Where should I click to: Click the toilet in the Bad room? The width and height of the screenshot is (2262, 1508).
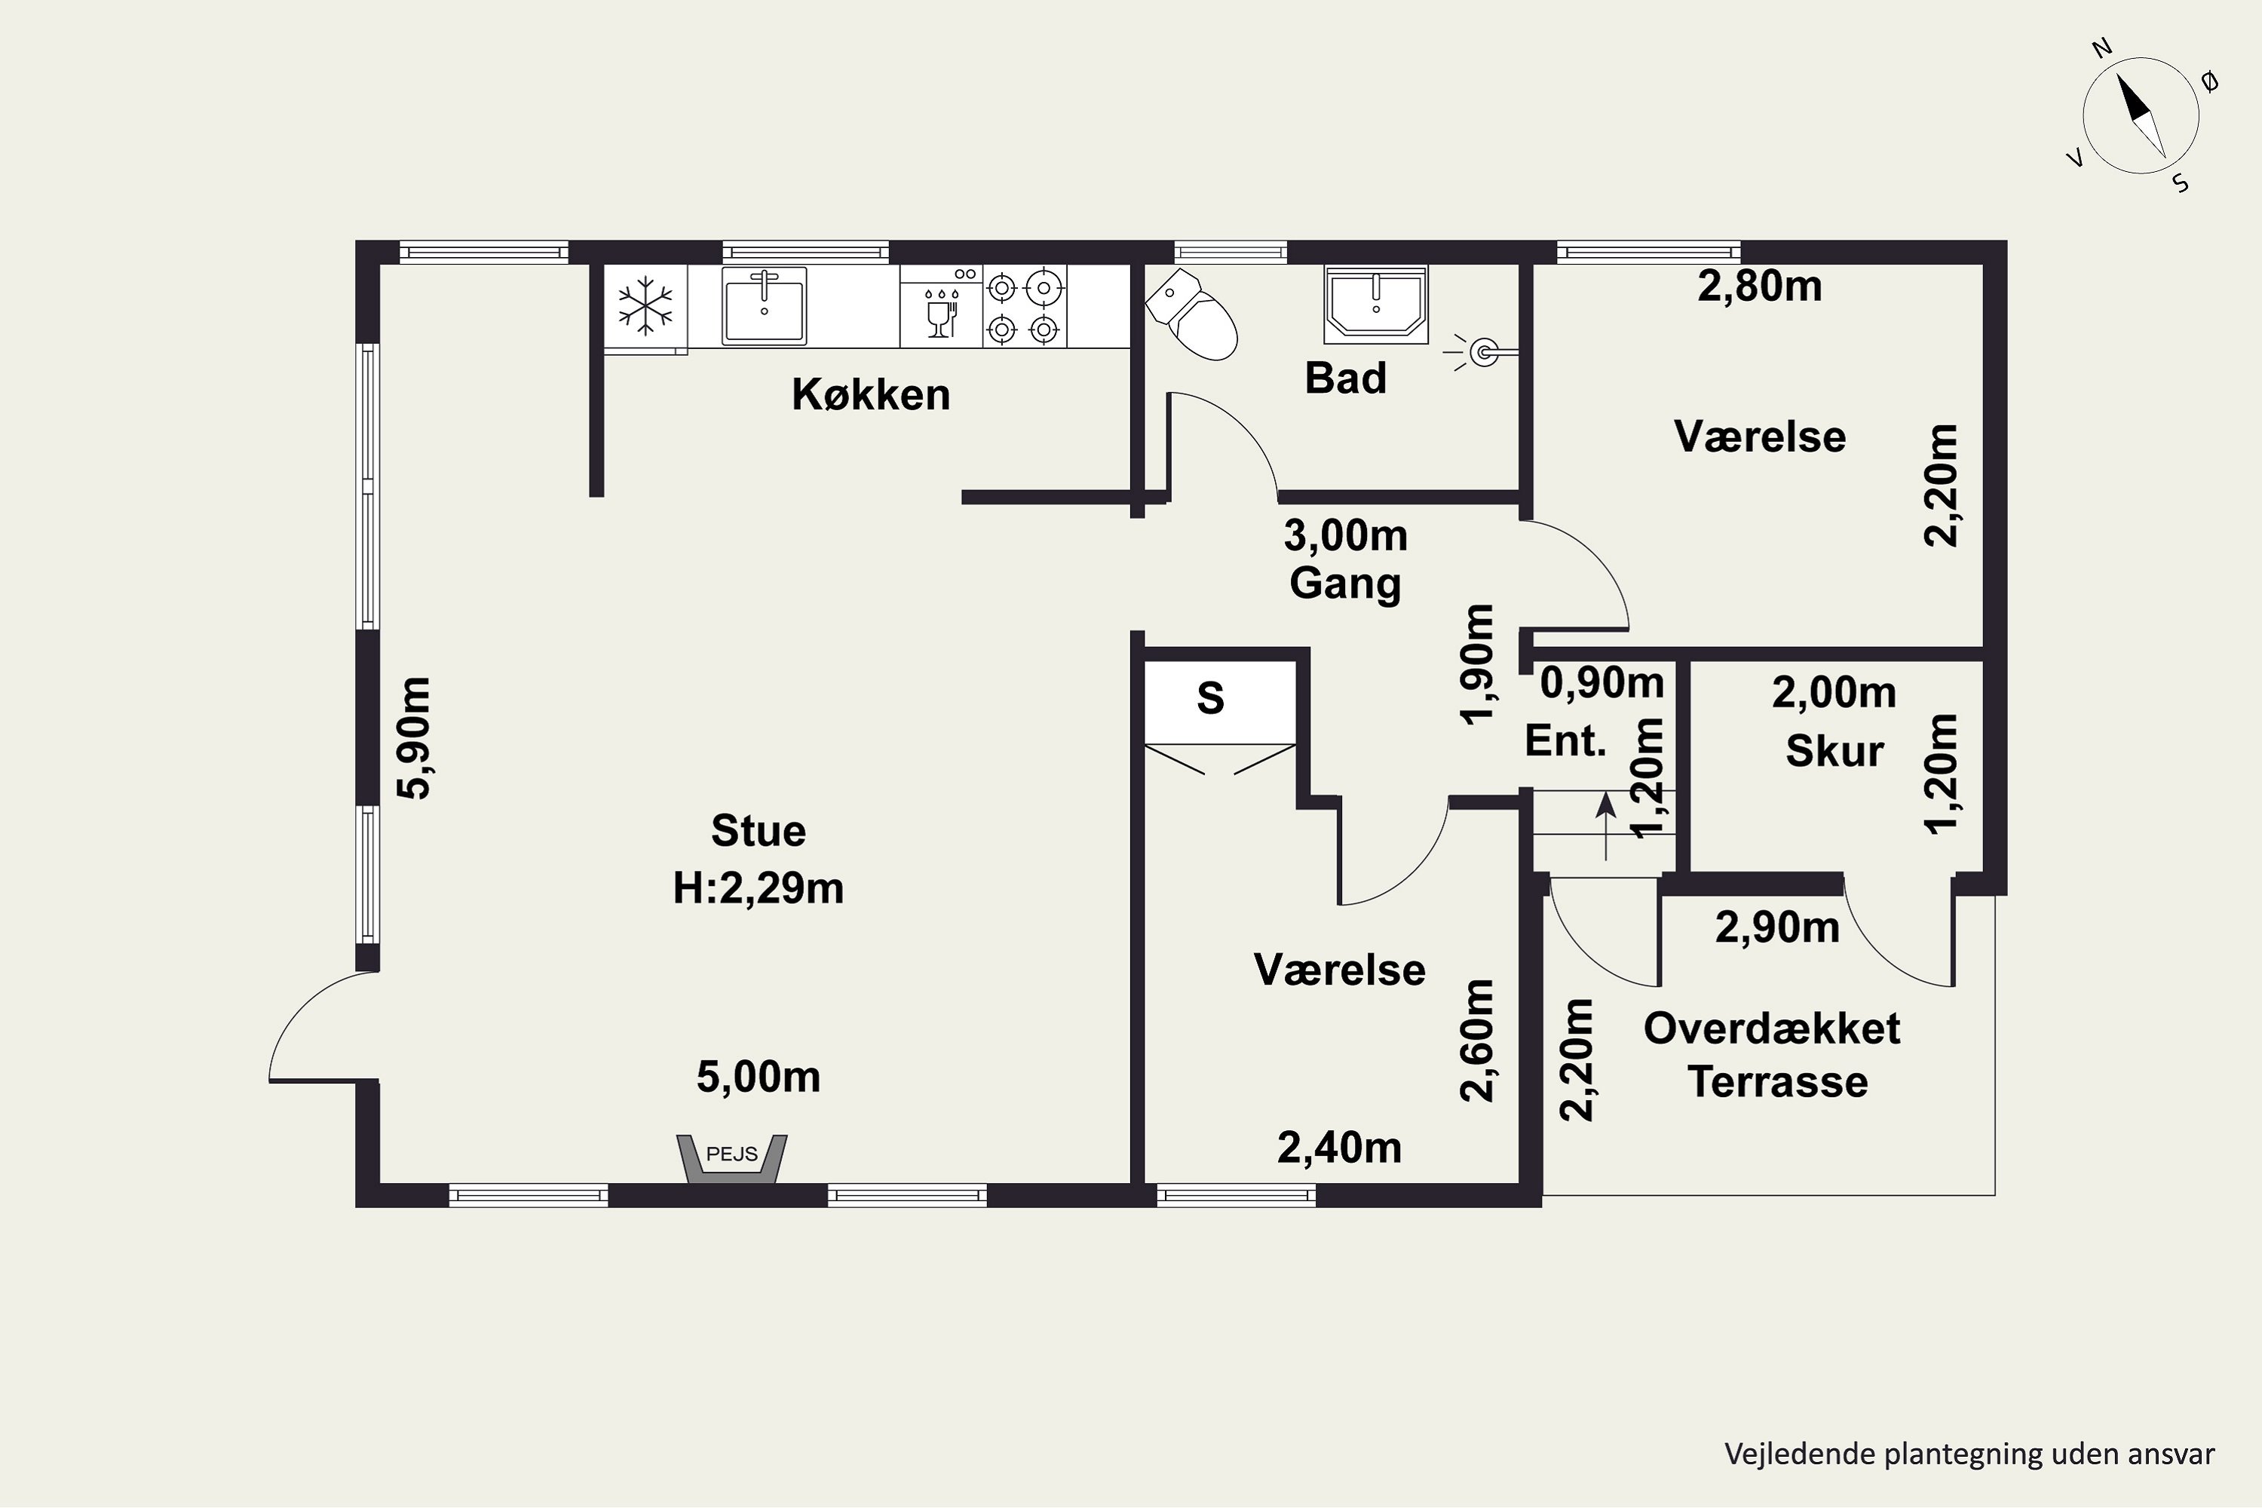click(x=1193, y=314)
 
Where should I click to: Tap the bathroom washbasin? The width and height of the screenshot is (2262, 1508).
click(x=1375, y=302)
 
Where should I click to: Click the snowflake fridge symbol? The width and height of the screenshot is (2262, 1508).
click(x=645, y=306)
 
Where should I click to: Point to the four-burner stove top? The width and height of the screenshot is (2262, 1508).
click(x=1023, y=307)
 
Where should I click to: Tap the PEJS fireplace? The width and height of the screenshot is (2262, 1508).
click(x=732, y=1160)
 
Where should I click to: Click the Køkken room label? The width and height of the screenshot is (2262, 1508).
click(x=870, y=394)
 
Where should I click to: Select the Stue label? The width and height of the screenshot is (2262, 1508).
click(x=758, y=831)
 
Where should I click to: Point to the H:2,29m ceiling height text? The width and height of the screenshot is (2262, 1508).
click(x=758, y=887)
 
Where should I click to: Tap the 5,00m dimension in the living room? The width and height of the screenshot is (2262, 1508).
click(x=758, y=1077)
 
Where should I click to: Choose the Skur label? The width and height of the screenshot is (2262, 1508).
click(x=1834, y=751)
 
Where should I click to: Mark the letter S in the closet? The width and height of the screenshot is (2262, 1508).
click(x=1210, y=698)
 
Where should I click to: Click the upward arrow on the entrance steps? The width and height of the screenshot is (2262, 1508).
click(x=1605, y=825)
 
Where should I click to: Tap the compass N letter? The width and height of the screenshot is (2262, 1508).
click(x=2101, y=75)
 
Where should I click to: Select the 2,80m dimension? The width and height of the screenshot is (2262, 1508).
click(x=1759, y=287)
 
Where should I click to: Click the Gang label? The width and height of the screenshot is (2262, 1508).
click(x=1344, y=583)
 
